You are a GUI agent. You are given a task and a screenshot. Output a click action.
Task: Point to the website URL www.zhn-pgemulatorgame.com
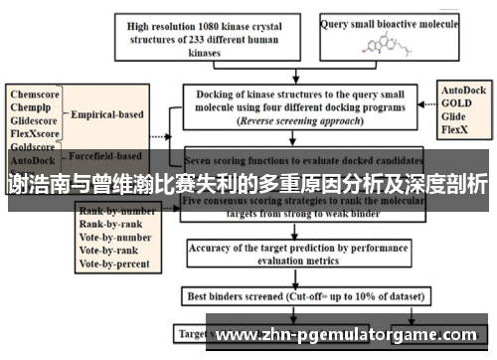(x=352, y=337)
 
